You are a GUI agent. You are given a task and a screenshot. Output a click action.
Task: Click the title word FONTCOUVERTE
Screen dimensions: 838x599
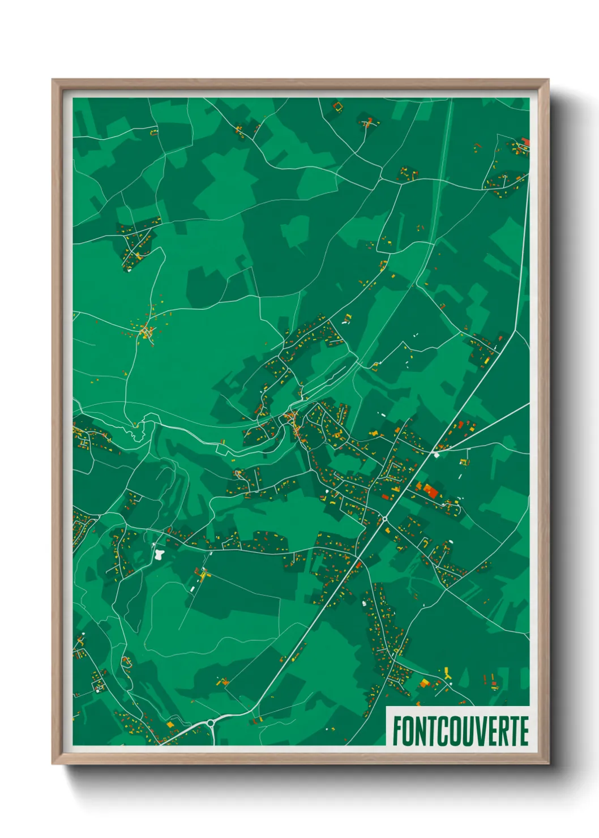click(x=460, y=731)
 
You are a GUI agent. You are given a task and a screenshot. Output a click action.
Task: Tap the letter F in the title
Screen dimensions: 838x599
click(x=397, y=731)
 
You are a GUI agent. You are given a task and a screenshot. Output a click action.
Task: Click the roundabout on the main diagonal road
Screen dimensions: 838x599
click(x=385, y=518)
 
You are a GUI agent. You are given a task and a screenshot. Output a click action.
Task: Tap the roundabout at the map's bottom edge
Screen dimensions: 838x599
click(x=211, y=722)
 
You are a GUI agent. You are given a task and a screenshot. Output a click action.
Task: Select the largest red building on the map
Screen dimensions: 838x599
click(x=431, y=490)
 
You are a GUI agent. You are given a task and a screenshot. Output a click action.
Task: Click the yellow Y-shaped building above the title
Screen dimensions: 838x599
click(x=448, y=673)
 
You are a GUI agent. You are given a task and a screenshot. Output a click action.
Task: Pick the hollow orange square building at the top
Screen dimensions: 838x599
click(x=338, y=106)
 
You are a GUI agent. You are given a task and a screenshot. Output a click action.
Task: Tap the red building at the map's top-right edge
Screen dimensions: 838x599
click(x=525, y=142)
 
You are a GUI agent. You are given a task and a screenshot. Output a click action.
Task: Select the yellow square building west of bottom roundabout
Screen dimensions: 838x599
click(x=170, y=724)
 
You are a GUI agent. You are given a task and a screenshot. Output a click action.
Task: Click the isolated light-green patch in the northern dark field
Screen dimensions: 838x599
click(x=296, y=230)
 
